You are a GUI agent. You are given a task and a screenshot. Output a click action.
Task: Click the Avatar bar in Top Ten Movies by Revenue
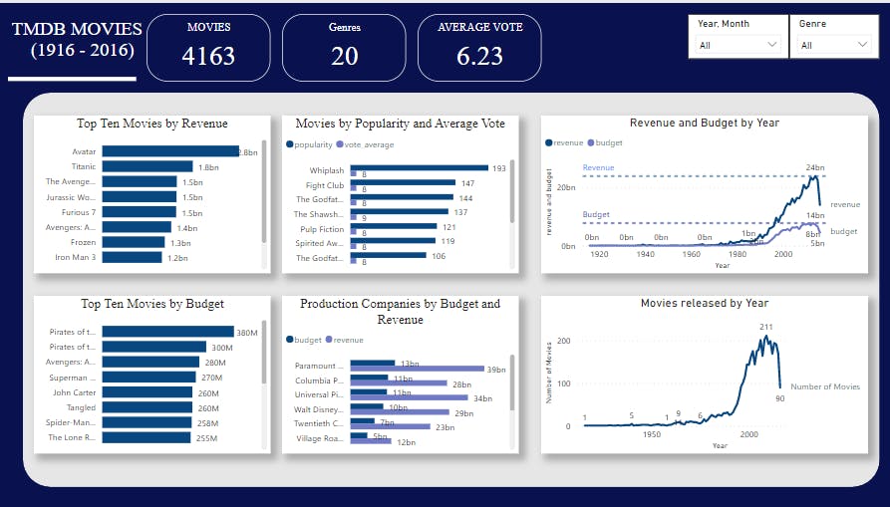(169, 151)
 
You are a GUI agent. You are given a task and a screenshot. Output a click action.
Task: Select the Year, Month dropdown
(738, 45)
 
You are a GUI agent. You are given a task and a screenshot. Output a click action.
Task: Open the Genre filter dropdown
(834, 45)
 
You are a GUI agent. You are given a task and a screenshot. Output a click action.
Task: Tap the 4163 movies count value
(208, 56)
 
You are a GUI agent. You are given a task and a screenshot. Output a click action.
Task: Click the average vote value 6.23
(479, 56)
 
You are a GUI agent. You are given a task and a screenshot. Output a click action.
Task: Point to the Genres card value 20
(344, 56)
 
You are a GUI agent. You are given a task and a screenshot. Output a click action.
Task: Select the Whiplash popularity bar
(419, 168)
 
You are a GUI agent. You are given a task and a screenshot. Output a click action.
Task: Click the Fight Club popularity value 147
(467, 183)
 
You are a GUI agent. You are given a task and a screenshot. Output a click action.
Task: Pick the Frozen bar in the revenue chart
(134, 242)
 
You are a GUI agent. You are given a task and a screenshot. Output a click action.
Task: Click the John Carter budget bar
(147, 392)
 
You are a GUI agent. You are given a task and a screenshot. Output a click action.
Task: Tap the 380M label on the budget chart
(248, 333)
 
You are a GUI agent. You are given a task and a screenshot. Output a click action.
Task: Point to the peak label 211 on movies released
(766, 327)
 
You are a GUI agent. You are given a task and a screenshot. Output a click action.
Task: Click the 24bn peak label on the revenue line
(814, 167)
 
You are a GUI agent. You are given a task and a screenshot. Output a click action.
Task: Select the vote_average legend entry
(369, 144)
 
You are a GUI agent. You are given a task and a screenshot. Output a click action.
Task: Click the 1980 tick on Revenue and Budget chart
(739, 254)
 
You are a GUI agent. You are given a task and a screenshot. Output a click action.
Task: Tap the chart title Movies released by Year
(704, 303)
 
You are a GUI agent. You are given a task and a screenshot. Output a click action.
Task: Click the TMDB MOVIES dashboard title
(77, 29)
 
